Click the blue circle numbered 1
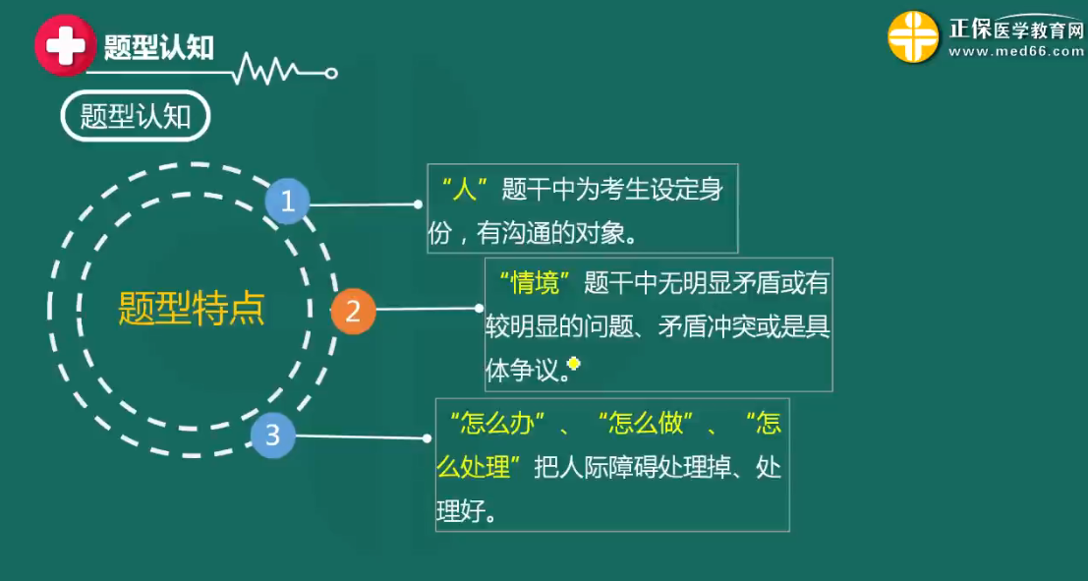coord(287,202)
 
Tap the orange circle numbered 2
coord(353,313)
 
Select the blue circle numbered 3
coord(273,436)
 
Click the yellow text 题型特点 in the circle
coord(192,309)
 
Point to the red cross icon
coord(65,46)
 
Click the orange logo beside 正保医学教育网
coord(913,36)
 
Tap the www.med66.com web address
coord(1016,52)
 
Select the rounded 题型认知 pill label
coord(136,117)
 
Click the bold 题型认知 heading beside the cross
coord(158,47)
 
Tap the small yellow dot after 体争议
coord(574,363)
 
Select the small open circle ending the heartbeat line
coord(331,72)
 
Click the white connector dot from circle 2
coord(479,309)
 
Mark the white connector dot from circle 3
coord(427,438)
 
